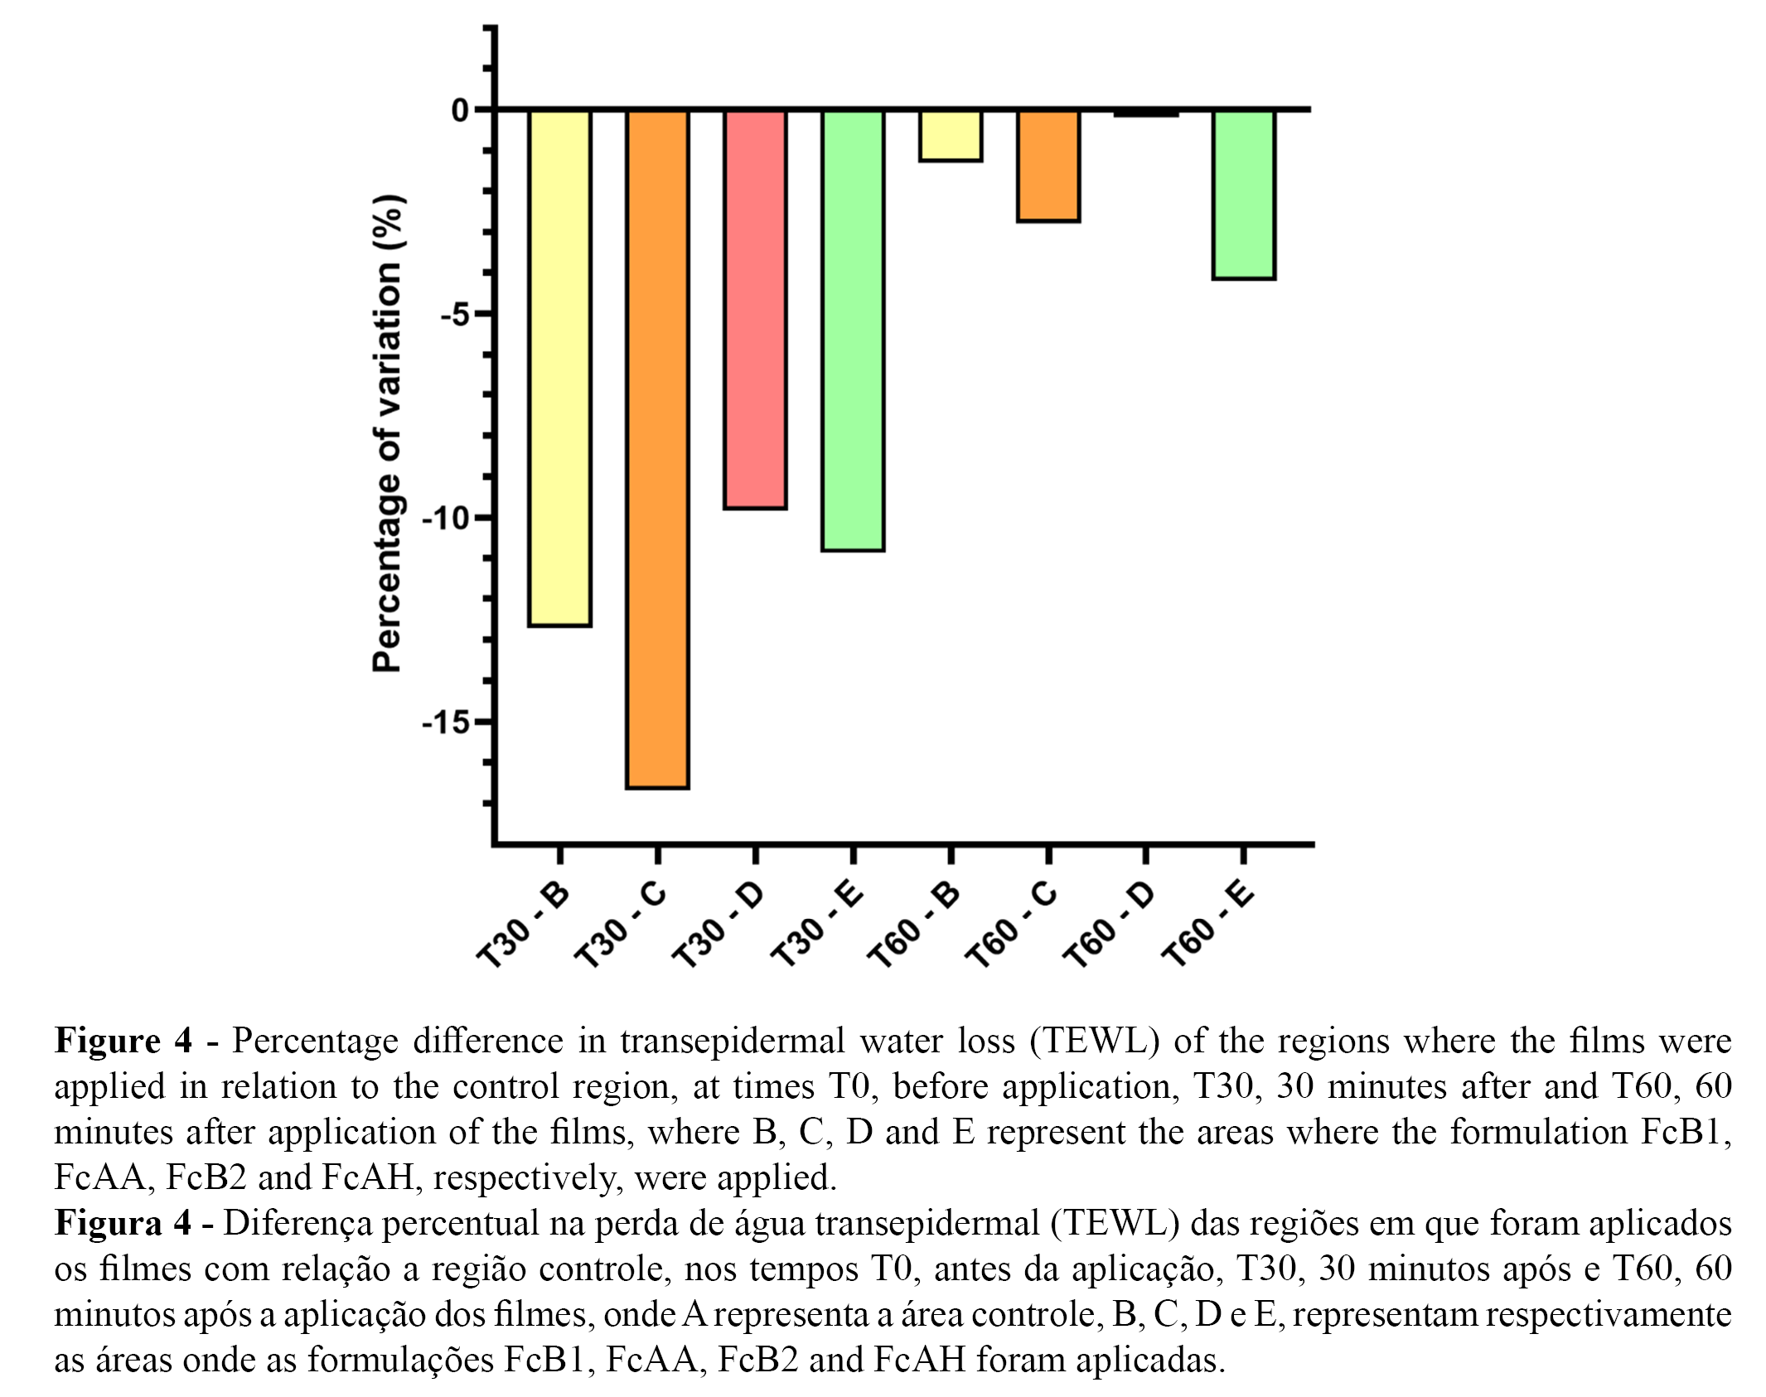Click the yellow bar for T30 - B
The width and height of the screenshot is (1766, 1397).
click(x=559, y=367)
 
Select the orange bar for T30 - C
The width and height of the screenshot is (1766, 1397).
click(x=657, y=448)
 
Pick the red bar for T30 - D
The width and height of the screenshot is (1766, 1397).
click(x=755, y=308)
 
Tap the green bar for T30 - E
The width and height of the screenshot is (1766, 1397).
click(x=853, y=330)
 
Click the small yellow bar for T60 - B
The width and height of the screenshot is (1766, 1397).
click(x=951, y=135)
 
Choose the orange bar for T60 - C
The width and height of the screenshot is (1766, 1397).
click(x=1048, y=166)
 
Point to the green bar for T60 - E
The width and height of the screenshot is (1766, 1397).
click(x=1243, y=194)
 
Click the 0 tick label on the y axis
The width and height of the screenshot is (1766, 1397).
click(x=460, y=110)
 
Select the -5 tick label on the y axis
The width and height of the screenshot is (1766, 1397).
click(x=454, y=315)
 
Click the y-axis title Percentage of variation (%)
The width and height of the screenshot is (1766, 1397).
click(x=387, y=433)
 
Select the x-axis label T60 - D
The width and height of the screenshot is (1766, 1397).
click(x=1109, y=923)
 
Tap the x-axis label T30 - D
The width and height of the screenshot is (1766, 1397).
click(x=718, y=923)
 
